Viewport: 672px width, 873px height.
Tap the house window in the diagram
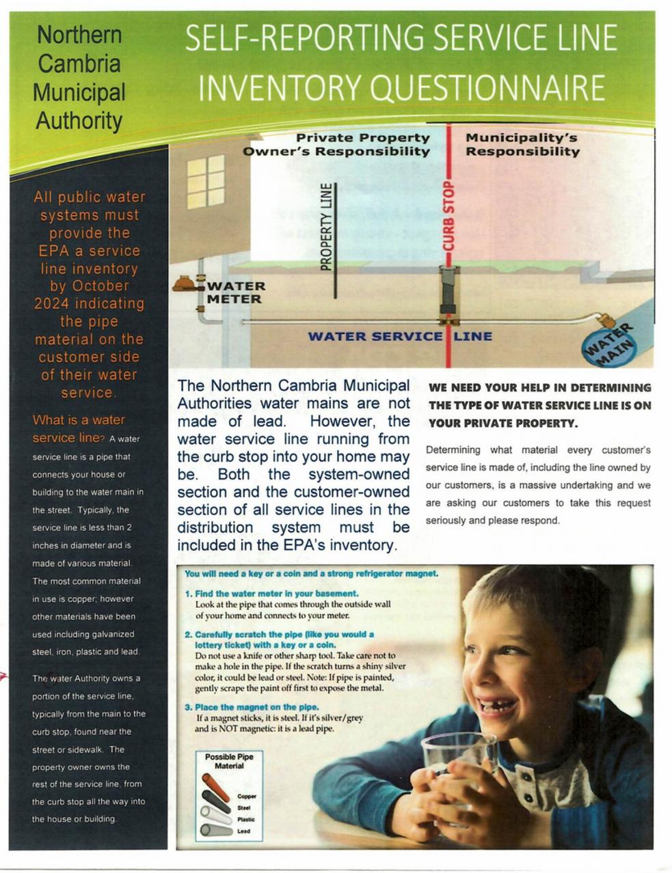coord(206,181)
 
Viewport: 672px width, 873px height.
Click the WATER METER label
coord(235,292)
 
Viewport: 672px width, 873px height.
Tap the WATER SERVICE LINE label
coord(399,336)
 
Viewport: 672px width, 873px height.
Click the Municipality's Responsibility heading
coord(522,144)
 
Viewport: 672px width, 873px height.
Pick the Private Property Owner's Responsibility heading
coord(336,144)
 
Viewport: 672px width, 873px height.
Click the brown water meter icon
coord(185,283)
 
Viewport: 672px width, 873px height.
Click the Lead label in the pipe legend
coord(243,831)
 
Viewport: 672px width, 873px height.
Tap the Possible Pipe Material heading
coord(228,761)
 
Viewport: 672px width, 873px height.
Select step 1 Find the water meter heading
coord(271,594)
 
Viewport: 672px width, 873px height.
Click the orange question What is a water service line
coord(79,428)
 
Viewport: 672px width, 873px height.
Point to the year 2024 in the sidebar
coord(53,303)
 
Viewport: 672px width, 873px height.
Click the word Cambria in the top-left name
coord(79,64)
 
